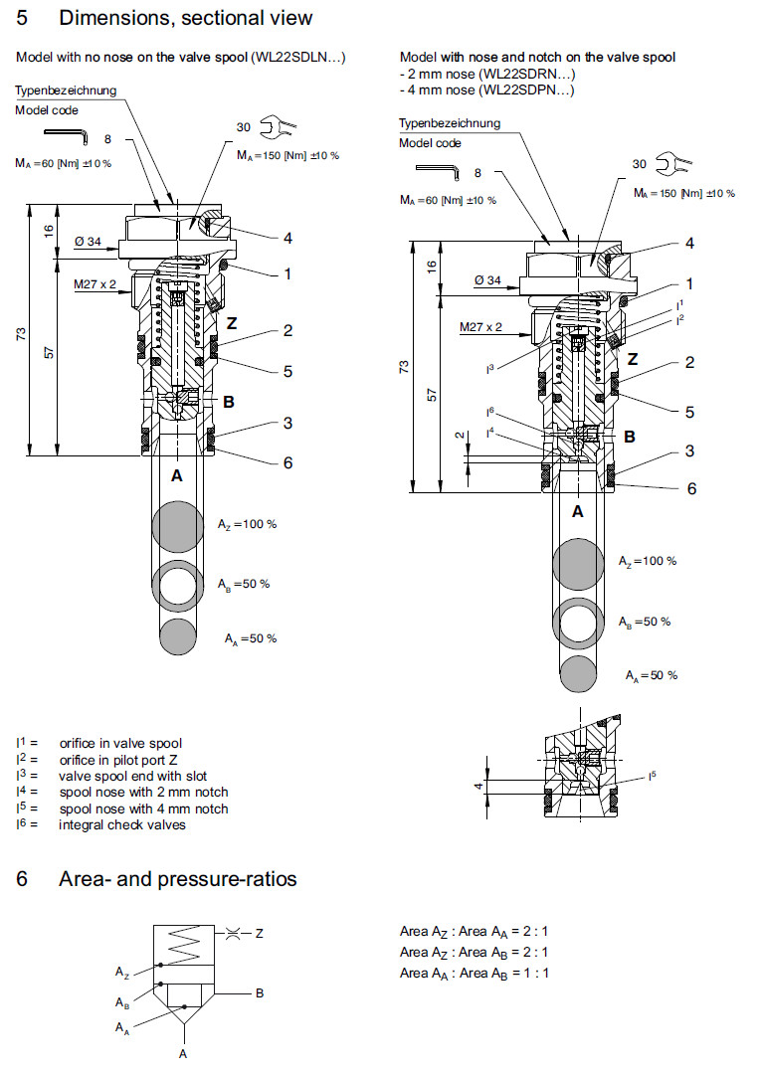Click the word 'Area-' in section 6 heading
click(84, 879)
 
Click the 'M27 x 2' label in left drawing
click(95, 284)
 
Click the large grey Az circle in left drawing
click(177, 525)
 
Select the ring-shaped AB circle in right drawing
click(580, 623)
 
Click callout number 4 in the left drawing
click(286, 238)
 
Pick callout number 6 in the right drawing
click(691, 487)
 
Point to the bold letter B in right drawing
click(628, 436)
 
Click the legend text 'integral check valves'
click(122, 824)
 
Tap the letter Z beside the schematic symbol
click(259, 933)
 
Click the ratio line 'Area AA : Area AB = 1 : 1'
click(475, 973)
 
